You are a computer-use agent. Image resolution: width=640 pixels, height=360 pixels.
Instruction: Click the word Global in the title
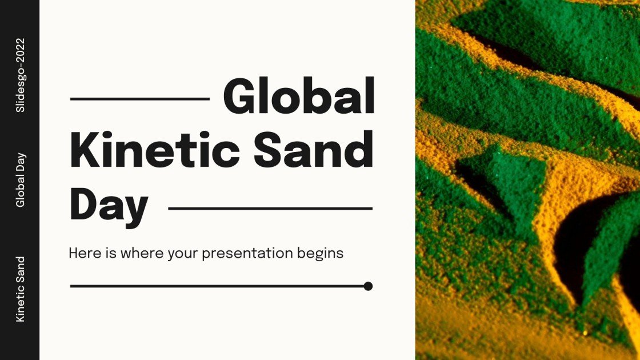point(299,98)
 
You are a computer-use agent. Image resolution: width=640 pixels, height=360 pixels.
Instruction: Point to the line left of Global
point(140,99)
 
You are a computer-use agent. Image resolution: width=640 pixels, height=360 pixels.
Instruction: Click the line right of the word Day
point(270,209)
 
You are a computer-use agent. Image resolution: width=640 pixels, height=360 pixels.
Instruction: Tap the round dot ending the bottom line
point(368,286)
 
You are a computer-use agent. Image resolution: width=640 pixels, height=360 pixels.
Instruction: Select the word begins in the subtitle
point(321,253)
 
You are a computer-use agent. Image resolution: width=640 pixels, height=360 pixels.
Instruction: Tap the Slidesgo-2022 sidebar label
point(21,75)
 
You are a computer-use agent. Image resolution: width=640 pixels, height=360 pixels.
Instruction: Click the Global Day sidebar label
point(21,179)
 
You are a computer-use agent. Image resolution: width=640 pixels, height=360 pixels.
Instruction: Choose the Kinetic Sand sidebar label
point(21,289)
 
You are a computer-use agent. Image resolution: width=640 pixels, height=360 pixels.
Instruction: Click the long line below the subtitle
point(217,286)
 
